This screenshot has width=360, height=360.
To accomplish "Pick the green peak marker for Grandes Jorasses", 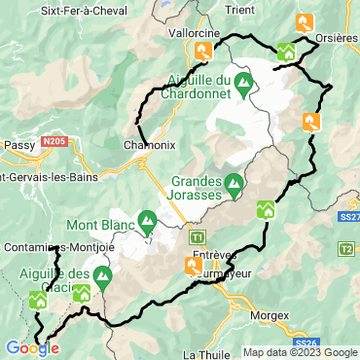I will pos(234,182).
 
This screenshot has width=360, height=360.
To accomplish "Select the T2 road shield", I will pos(345,249).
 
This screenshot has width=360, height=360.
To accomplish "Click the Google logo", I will pos(31,348).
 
